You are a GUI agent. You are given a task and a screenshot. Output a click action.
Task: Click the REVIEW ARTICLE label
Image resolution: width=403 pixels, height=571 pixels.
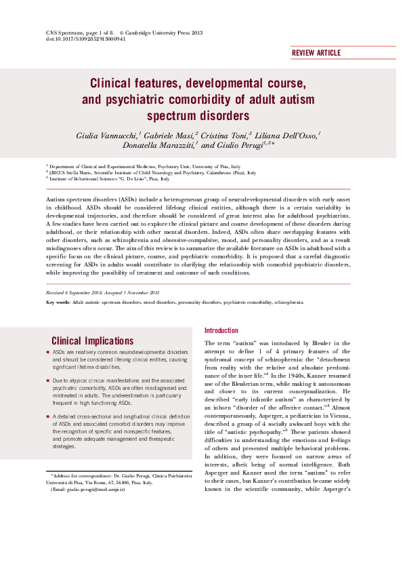click(316, 52)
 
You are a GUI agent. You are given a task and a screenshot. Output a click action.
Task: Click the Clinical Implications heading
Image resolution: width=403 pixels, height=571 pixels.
click(92, 341)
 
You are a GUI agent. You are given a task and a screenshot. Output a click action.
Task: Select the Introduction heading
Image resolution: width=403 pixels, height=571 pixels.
click(221, 330)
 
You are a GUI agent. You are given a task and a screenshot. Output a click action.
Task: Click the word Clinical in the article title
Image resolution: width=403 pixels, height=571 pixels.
click(114, 84)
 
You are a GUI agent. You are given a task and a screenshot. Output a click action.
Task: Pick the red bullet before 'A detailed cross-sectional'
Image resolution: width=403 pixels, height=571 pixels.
click(47, 414)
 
